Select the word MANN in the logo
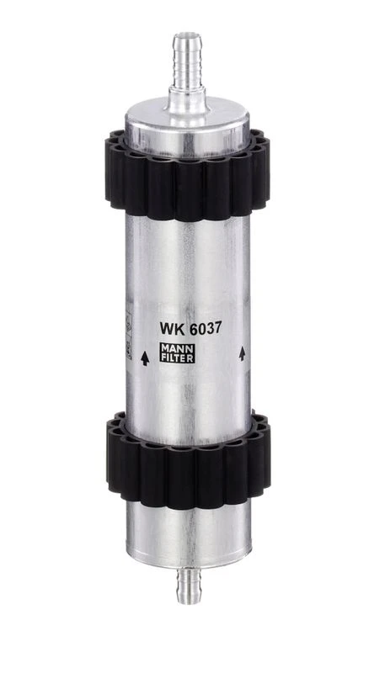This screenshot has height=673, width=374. tap(177, 347)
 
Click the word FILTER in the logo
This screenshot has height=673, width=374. tap(177, 358)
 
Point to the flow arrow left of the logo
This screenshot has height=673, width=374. tap(145, 358)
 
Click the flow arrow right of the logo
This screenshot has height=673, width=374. tap(242, 353)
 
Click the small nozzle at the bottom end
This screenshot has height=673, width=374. tap(188, 586)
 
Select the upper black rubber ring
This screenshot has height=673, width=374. tap(188, 175)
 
